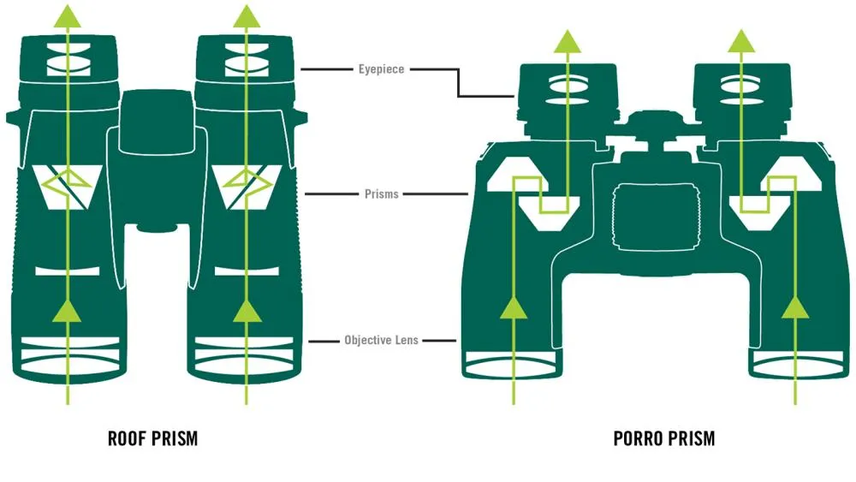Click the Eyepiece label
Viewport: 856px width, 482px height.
380,68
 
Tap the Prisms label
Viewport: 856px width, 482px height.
381,194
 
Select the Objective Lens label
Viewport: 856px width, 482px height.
381,340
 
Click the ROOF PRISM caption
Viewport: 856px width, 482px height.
152,439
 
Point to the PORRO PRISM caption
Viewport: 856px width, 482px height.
664,439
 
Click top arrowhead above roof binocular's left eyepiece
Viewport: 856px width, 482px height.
68,15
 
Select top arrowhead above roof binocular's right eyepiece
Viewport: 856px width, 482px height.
247,15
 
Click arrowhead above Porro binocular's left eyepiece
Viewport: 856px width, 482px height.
565,39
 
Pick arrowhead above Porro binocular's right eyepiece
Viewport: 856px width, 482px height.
742,39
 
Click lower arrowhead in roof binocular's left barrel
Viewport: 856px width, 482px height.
68,310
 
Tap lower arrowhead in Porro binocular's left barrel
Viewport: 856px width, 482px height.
514,310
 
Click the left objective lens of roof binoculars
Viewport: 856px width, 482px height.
68,356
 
